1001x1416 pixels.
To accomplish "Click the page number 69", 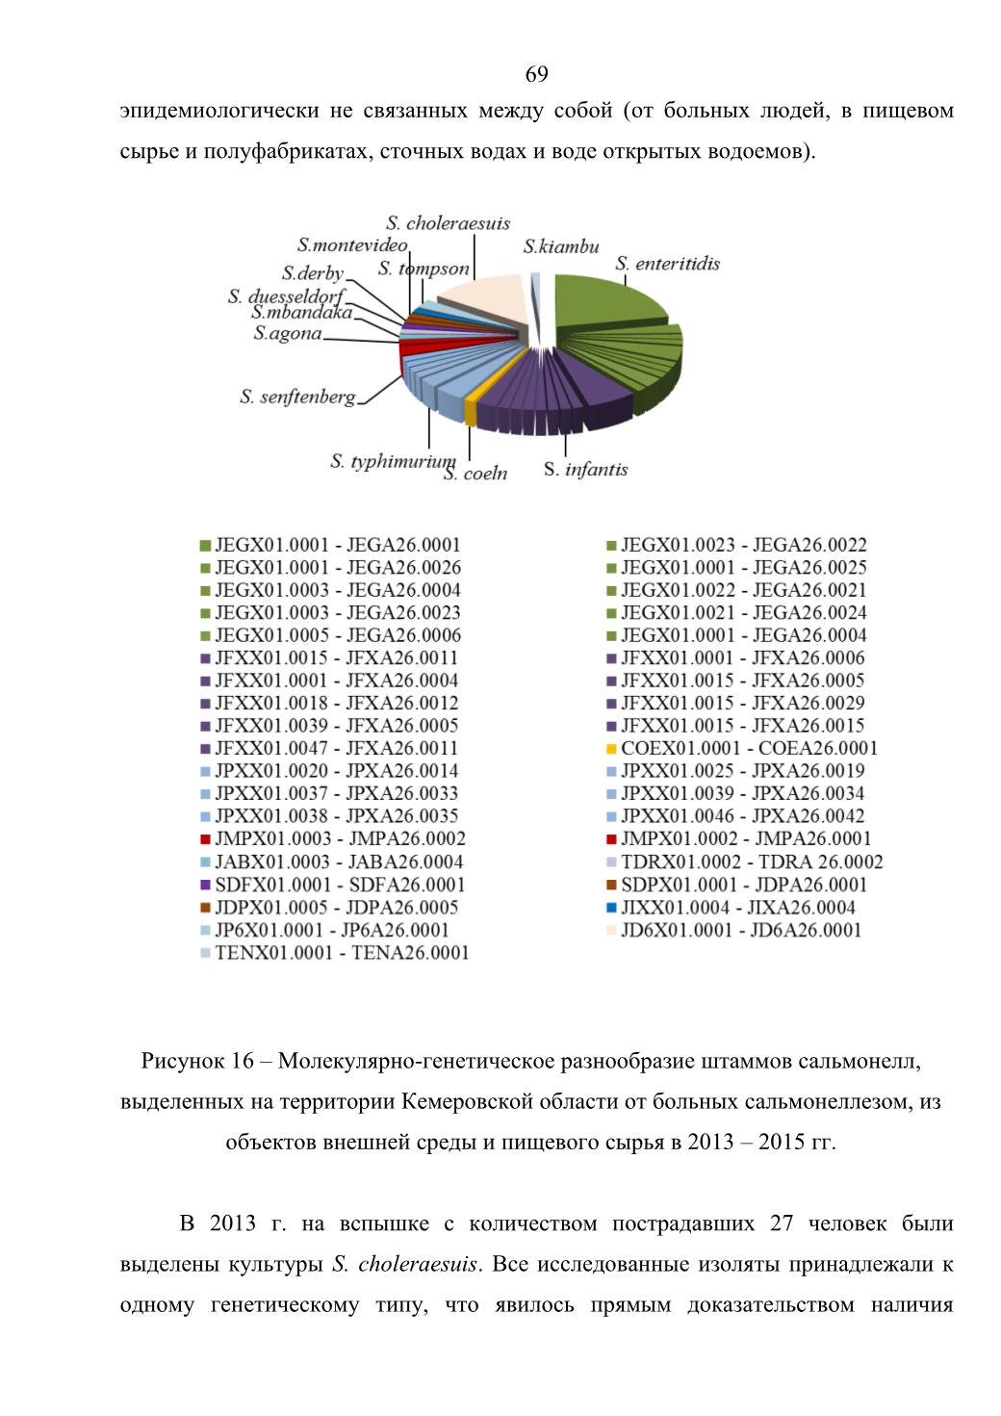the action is pyautogui.click(x=536, y=74).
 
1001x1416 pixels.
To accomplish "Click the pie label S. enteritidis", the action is pyautogui.click(x=667, y=264).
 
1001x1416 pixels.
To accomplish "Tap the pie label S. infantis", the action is pyautogui.click(x=586, y=469).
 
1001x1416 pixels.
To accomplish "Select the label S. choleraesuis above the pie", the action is pyautogui.click(x=449, y=223).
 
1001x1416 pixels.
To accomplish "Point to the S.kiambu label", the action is pyautogui.click(x=561, y=246).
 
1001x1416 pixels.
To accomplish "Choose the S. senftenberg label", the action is pyautogui.click(x=297, y=397).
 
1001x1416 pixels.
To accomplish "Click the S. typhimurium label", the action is pyautogui.click(x=393, y=461).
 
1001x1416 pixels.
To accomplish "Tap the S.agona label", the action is pyautogui.click(x=288, y=333).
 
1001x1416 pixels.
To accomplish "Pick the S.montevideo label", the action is pyautogui.click(x=352, y=245).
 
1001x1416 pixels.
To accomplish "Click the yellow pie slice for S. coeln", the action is pyautogui.click(x=470, y=412).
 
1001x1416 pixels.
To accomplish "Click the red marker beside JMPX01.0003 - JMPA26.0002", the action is pyautogui.click(x=205, y=839).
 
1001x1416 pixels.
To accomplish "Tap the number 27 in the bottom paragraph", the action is pyautogui.click(x=782, y=1223).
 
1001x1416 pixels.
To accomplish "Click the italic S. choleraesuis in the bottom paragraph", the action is pyautogui.click(x=404, y=1264).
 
